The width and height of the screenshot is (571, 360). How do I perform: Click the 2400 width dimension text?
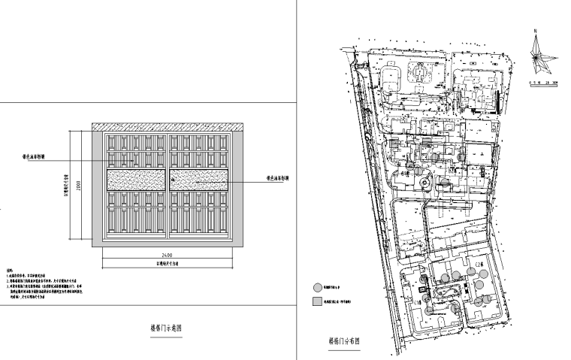[x=166, y=256]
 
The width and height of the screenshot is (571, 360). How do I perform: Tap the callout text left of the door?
[x=35, y=159]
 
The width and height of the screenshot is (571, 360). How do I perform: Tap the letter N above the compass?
[x=535, y=30]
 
